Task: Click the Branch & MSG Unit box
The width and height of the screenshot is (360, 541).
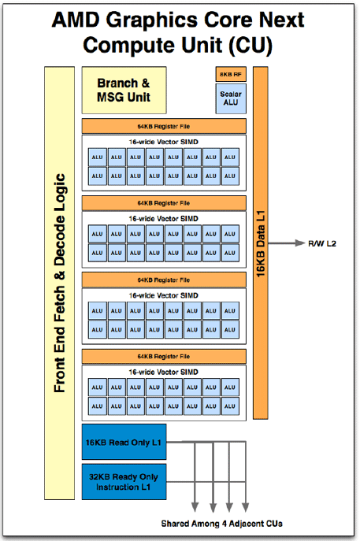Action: coord(124,90)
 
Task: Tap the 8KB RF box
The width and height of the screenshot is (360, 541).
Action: coord(231,74)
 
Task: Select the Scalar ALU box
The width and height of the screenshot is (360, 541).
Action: coord(231,98)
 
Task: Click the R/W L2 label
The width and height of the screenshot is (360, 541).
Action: coord(322,243)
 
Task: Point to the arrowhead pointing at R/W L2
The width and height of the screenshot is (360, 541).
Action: coord(299,243)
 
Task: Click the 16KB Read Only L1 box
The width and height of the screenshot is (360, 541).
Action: coord(124,442)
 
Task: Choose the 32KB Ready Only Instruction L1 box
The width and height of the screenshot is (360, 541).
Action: coord(124,482)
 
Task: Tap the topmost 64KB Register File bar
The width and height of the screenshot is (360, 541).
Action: coord(164,126)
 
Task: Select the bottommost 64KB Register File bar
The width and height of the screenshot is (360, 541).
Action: coord(164,357)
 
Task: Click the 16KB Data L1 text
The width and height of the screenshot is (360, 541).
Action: coord(261,243)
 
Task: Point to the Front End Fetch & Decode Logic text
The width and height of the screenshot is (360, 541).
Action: coord(59,283)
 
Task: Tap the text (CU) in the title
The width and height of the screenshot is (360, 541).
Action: coord(251,45)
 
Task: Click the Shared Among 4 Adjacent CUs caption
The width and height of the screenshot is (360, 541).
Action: coord(221,524)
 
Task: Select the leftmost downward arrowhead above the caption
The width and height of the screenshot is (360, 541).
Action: coord(195,507)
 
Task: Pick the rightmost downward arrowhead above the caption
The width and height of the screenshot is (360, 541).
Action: coord(246,507)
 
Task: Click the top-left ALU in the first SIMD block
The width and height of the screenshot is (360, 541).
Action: coord(98,157)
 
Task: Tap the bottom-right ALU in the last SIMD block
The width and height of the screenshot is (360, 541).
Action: coord(230,406)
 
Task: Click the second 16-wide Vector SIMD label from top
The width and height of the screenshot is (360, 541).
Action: coord(164,219)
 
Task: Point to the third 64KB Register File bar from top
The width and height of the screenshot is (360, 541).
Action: coord(164,280)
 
